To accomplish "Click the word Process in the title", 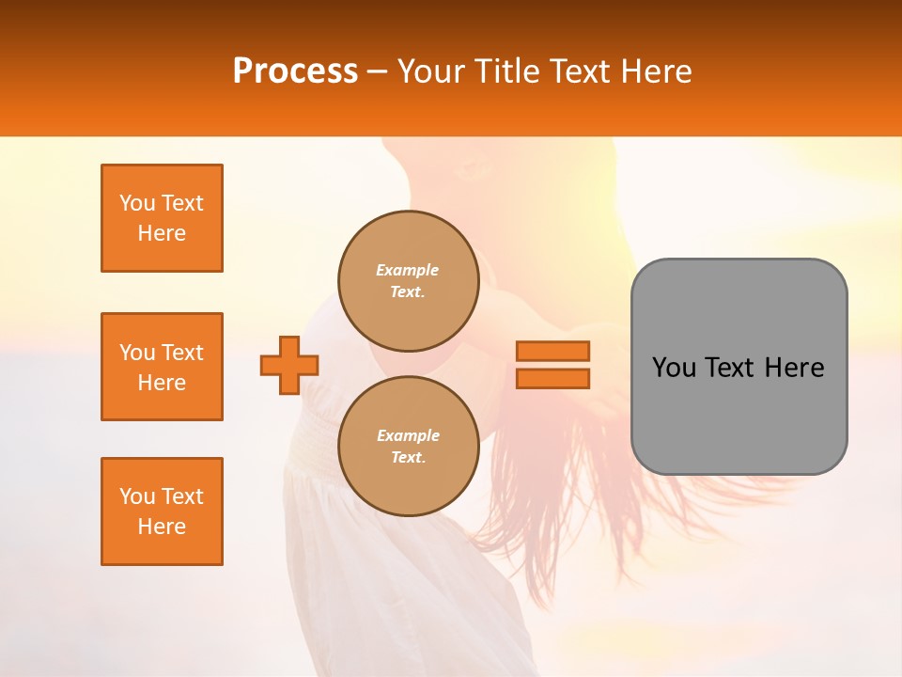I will pos(295,71).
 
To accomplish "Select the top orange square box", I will pos(162,218).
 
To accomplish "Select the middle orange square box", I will pos(162,367).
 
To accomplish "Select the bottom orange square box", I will pos(162,512).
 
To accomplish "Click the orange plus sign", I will pos(289,365).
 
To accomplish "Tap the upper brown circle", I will pos(408,280).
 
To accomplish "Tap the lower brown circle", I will pos(408,446).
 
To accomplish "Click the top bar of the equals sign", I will pos(552,351).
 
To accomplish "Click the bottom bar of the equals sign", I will pos(552,378).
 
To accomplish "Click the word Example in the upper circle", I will pos(408,270).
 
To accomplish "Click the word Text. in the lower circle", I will pos(408,458).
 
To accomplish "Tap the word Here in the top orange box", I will pos(162,233).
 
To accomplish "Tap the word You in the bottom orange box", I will pos(136,496).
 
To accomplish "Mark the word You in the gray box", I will pos(674,368).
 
